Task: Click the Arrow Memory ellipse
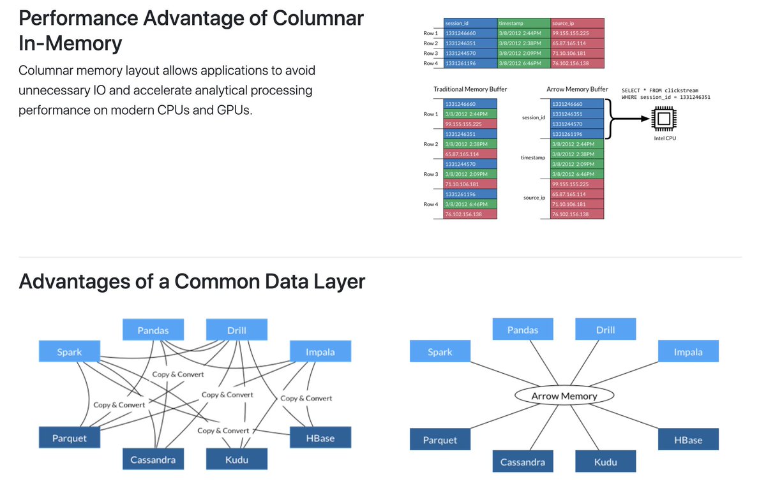(x=564, y=396)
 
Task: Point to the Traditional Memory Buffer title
(x=470, y=89)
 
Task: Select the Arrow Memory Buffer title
(x=577, y=89)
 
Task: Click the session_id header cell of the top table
(x=470, y=24)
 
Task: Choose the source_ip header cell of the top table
(x=577, y=24)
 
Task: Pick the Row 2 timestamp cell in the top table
(x=523, y=43)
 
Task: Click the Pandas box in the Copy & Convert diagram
(x=153, y=330)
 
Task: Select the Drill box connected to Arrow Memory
(x=605, y=330)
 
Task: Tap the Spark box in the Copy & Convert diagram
(x=69, y=352)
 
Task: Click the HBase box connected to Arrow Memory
(x=688, y=440)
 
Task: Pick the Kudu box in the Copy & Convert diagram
(x=237, y=459)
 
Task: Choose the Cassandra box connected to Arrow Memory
(x=522, y=462)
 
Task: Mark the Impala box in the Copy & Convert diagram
(x=320, y=352)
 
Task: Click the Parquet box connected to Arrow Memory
(x=440, y=440)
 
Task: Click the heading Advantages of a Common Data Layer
(x=191, y=281)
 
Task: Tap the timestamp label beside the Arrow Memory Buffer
(x=533, y=157)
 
